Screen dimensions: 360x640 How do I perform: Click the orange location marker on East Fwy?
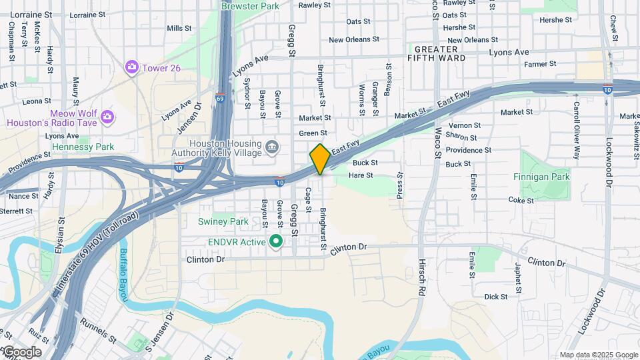click(x=320, y=159)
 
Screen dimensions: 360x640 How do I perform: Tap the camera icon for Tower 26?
click(x=131, y=67)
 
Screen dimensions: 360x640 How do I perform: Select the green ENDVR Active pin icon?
click(x=275, y=241)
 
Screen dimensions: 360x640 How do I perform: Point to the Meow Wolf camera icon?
click(x=107, y=117)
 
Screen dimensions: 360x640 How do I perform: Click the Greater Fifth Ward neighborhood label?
click(x=436, y=53)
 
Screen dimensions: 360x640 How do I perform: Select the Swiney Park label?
click(x=223, y=221)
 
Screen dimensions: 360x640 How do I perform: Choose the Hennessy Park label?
click(x=83, y=147)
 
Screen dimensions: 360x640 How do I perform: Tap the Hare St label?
click(x=361, y=175)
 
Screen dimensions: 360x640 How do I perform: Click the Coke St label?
click(x=521, y=200)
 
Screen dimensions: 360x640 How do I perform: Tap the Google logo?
click(x=21, y=352)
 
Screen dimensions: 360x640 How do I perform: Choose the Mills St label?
click(x=179, y=28)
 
